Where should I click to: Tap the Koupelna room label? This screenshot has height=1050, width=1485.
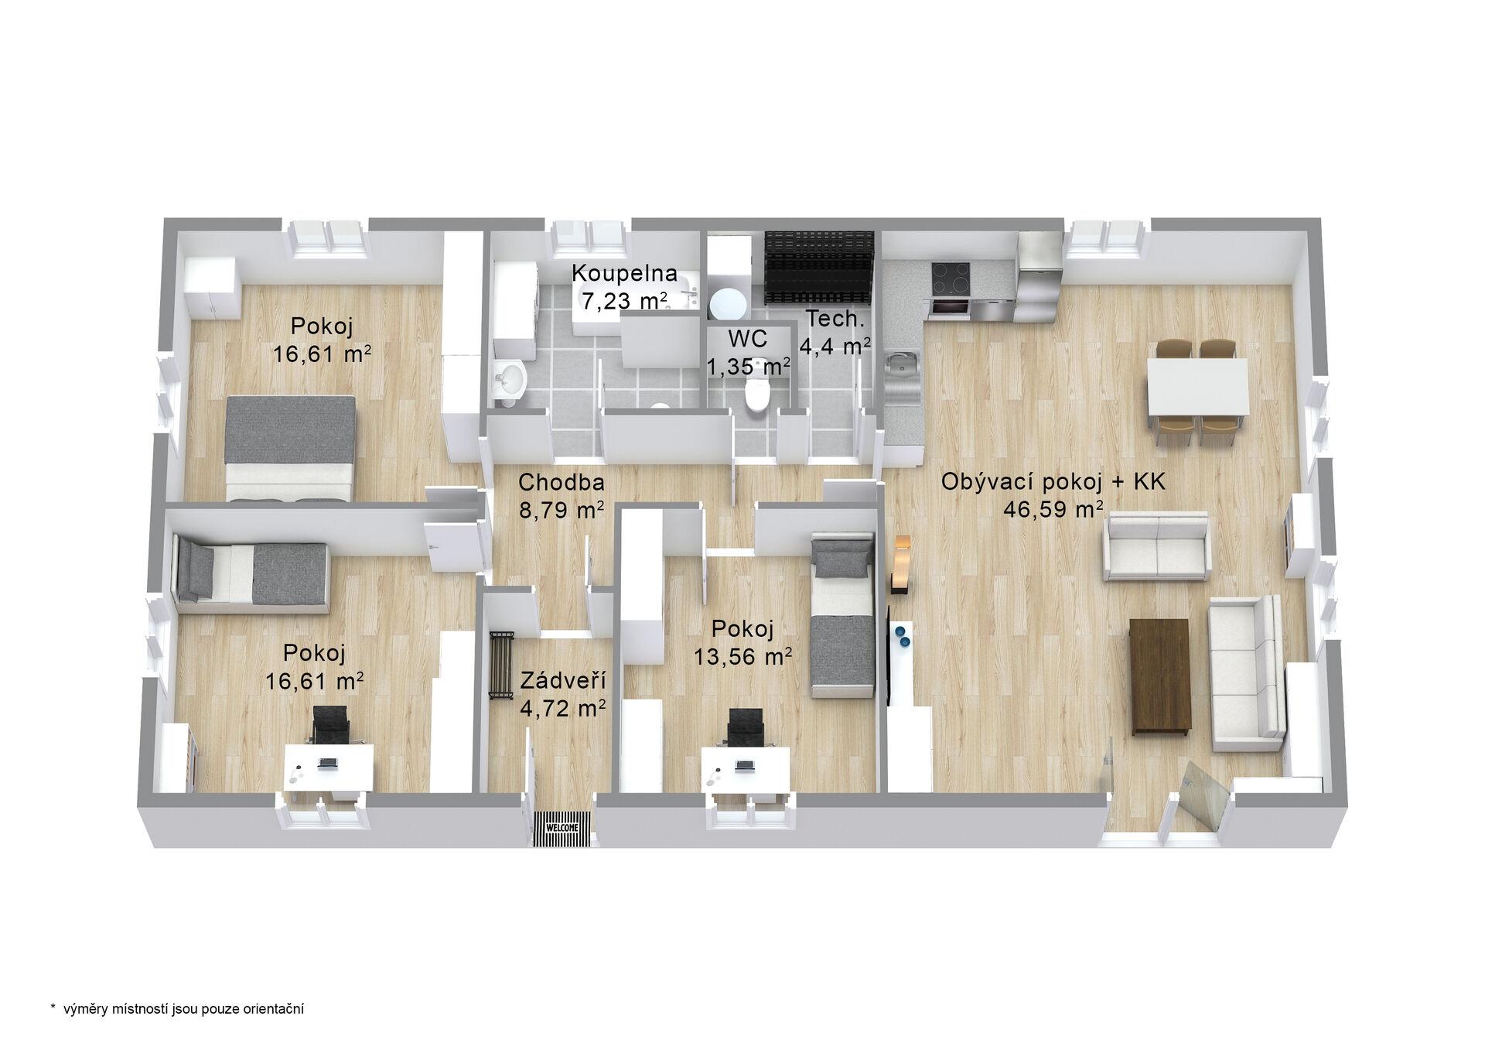[625, 273]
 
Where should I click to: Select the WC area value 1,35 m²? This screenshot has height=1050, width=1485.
[748, 367]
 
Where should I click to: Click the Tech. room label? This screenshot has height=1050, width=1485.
[834, 318]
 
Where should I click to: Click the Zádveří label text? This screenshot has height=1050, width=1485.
[562, 681]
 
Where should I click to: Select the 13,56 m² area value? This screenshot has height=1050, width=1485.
[742, 657]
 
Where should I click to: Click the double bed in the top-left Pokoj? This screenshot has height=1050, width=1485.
[292, 449]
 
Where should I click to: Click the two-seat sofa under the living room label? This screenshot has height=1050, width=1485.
[1156, 548]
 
